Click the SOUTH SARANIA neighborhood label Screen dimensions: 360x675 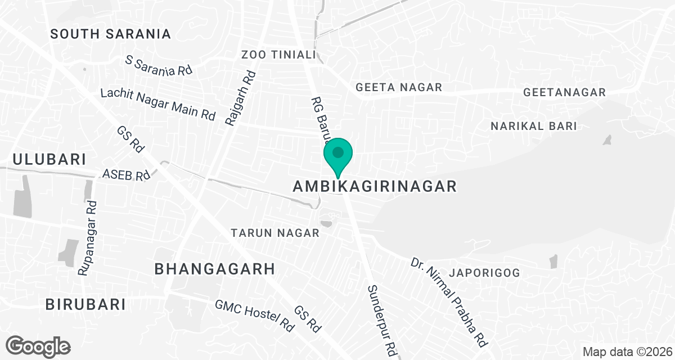tap(110, 34)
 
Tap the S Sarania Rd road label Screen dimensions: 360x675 tap(159, 65)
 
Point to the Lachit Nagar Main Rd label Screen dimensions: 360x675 tap(158, 104)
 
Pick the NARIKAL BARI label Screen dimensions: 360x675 tap(534, 126)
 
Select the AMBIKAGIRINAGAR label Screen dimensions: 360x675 tap(375, 187)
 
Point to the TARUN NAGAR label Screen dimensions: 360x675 tap(276, 233)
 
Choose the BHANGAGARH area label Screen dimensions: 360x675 tap(215, 269)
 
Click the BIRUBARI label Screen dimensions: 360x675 tap(85, 304)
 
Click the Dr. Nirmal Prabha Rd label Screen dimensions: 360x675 tap(448, 301)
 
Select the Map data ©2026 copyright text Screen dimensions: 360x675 tap(626, 352)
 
